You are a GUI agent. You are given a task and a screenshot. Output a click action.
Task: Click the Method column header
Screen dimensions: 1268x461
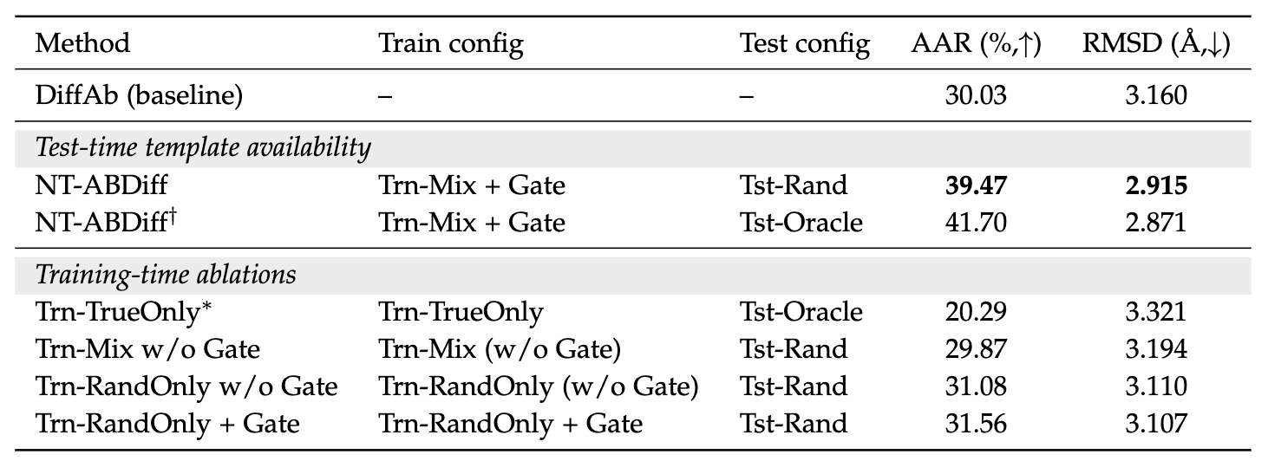[x=82, y=43]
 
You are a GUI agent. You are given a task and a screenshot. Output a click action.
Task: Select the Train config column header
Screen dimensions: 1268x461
[x=451, y=44]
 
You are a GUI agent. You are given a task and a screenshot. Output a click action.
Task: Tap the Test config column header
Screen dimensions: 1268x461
[x=804, y=44]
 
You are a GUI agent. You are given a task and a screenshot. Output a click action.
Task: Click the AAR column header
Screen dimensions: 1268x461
[x=976, y=44]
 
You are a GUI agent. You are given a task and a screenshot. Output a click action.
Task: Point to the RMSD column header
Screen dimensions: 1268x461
[x=1156, y=44]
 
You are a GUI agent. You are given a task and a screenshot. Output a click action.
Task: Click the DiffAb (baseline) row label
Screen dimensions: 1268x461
[x=140, y=95]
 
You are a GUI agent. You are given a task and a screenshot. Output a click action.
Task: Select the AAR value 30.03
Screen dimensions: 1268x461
[x=976, y=95]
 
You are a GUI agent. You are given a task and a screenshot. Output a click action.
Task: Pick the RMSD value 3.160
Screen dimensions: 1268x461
[x=1156, y=95]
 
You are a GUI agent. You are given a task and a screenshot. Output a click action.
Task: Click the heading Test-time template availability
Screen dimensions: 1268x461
[x=203, y=147]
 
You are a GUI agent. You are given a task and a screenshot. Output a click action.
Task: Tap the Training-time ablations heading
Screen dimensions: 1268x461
[x=166, y=275]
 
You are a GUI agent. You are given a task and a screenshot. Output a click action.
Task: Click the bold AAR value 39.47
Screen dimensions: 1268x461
[x=976, y=185]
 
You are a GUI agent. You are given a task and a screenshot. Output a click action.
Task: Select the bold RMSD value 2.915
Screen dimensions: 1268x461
[x=1156, y=185]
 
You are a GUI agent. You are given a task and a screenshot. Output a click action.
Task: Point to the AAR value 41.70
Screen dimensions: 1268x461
[x=976, y=223]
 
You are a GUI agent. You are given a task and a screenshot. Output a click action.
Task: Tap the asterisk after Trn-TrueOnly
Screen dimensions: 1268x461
[x=206, y=307]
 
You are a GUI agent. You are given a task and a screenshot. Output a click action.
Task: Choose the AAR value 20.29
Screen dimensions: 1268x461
[x=976, y=312]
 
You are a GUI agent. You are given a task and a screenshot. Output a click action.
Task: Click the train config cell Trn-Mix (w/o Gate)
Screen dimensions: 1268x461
[x=500, y=349]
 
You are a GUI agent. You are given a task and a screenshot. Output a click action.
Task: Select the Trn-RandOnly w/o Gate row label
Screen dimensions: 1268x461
[x=186, y=386]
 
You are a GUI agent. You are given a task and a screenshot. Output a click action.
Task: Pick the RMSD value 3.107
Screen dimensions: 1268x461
[x=1156, y=423]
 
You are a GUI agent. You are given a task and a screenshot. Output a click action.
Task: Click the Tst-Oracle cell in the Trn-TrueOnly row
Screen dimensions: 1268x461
[x=801, y=312]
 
